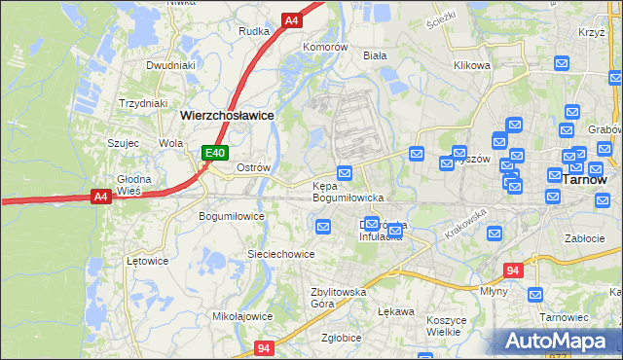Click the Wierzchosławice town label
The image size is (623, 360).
tap(227, 115)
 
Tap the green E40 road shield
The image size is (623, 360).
tap(215, 153)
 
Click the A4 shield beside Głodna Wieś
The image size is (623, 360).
tap(99, 196)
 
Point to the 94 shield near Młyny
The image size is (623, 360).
tap(514, 270)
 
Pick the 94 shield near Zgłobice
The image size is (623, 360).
tap(264, 347)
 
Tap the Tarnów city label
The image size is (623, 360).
tap(585, 180)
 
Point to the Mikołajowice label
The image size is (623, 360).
tap(242, 316)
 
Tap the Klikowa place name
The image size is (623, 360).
tap(471, 66)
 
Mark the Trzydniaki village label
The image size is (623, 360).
tap(143, 103)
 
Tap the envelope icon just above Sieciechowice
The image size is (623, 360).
tap(323, 227)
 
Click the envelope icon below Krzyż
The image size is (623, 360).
tap(562, 63)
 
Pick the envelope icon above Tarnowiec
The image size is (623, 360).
tap(533, 294)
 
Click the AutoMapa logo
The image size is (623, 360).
tap(556, 341)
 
